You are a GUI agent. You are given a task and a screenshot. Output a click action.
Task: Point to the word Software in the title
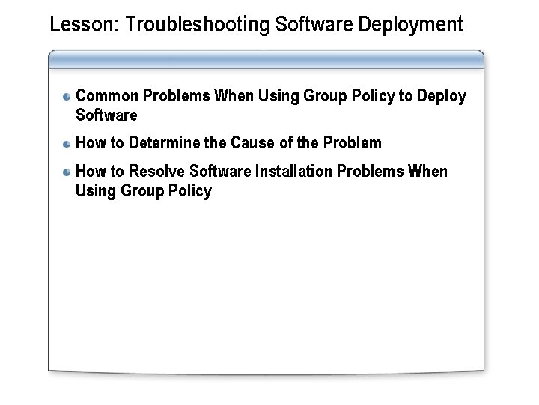315,25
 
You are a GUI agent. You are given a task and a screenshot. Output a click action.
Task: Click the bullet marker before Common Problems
67,97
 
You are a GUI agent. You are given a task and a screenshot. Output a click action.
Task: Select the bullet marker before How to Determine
67,143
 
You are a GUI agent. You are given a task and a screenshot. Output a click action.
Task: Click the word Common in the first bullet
107,97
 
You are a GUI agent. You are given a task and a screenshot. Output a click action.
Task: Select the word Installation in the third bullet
294,172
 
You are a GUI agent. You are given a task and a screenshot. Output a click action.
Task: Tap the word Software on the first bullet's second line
106,115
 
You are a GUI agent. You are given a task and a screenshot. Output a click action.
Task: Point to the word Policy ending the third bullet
190,191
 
